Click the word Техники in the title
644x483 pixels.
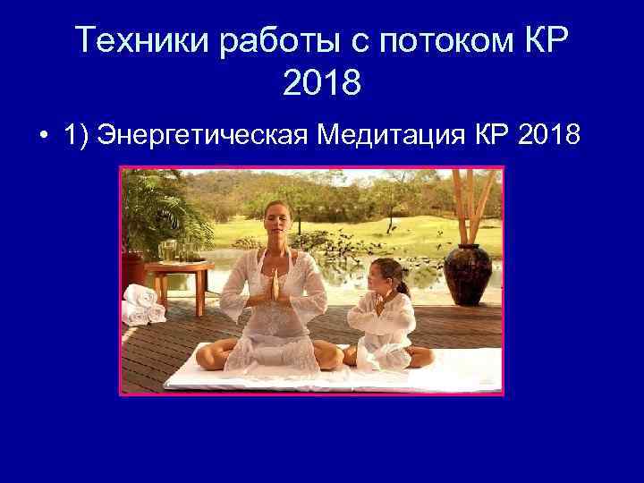pyautogui.click(x=133, y=40)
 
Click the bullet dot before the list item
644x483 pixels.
pyautogui.click(x=43, y=136)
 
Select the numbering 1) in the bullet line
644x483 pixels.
pyautogui.click(x=79, y=135)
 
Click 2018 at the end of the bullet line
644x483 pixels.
pyautogui.click(x=548, y=135)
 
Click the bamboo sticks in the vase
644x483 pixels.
pyautogui.click(x=465, y=206)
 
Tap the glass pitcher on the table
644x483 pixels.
pyautogui.click(x=167, y=250)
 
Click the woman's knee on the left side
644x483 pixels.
pyautogui.click(x=212, y=355)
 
